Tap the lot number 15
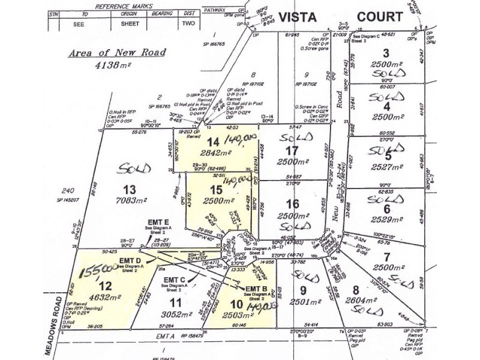click(x=215, y=190)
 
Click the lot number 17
click(x=293, y=151)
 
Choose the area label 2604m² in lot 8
click(x=362, y=297)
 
